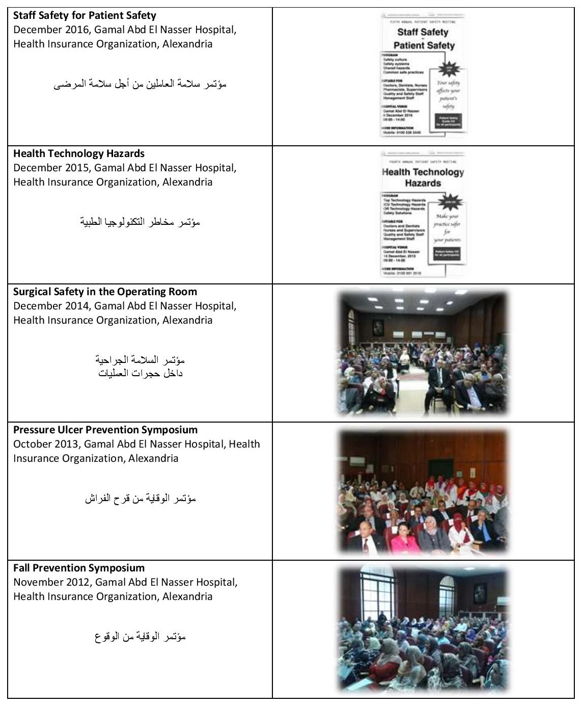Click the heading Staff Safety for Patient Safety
(85, 15)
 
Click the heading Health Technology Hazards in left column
(79, 153)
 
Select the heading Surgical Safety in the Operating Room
(105, 292)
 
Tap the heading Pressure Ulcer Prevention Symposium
(105, 430)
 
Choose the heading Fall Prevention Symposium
(79, 568)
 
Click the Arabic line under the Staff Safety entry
(140, 84)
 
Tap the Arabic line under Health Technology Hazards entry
(140, 222)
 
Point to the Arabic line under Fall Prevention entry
(140, 637)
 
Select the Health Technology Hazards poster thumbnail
(423, 214)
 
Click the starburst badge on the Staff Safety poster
(449, 69)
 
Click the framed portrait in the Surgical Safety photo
(377, 328)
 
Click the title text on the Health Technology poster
(423, 177)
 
